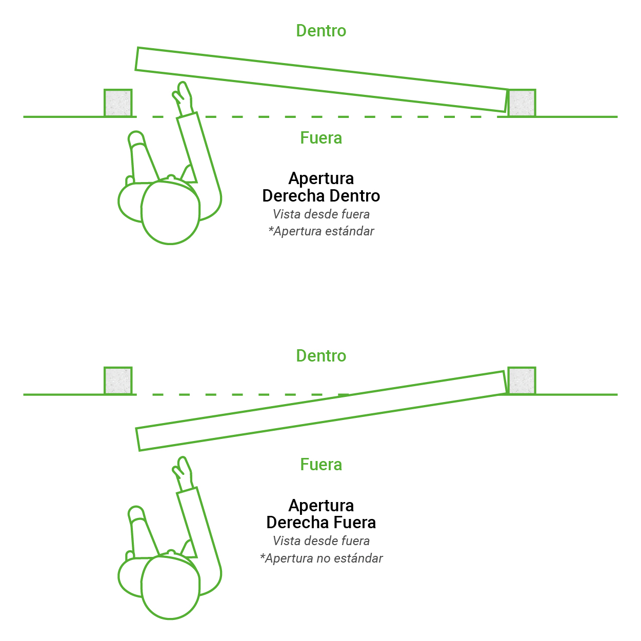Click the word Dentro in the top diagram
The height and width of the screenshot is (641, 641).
click(x=320, y=31)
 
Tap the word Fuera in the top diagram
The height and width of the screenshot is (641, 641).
click(x=320, y=138)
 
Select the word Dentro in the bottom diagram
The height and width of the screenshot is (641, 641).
click(x=320, y=355)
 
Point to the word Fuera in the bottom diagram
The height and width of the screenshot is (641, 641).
click(x=320, y=465)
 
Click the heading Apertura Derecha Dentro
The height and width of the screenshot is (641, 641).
click(x=320, y=187)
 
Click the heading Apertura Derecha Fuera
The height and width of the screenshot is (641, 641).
click(x=320, y=514)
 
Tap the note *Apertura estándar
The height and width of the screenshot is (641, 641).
click(x=320, y=231)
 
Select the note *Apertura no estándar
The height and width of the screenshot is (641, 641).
click(x=320, y=558)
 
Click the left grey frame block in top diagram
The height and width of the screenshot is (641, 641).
click(x=118, y=103)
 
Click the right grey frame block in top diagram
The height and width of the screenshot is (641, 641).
click(x=522, y=103)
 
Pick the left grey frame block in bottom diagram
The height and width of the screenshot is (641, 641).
click(x=118, y=380)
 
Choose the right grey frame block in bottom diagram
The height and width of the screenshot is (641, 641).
click(x=522, y=380)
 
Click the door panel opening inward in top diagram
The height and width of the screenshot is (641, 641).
click(x=322, y=79)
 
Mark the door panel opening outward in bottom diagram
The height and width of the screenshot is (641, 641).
click(x=322, y=411)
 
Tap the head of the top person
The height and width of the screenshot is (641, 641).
click(x=170, y=212)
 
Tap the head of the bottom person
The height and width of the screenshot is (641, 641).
click(x=170, y=588)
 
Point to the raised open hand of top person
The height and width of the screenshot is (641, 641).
click(x=183, y=97)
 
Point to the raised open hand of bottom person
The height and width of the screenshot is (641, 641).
click(x=183, y=472)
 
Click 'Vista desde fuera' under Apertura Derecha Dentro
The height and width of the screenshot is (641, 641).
click(x=320, y=214)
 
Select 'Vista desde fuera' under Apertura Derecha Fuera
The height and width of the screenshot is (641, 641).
click(x=320, y=541)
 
